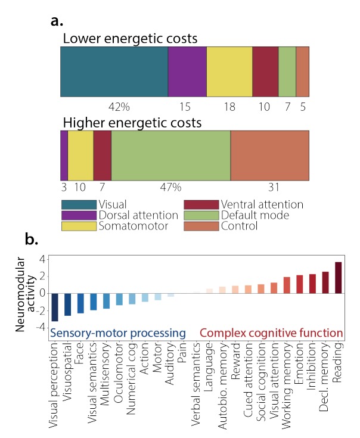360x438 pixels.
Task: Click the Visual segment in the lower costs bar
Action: click(114, 71)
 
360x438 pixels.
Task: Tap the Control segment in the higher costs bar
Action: click(269, 156)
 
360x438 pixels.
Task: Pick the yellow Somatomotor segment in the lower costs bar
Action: click(229, 71)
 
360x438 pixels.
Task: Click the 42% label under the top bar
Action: click(119, 106)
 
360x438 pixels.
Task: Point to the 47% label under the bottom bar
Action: click(170, 188)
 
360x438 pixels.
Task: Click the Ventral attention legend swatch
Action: click(202, 204)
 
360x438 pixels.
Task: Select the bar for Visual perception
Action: click(55, 307)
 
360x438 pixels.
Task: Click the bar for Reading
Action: click(339, 278)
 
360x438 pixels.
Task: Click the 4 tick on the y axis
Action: click(42, 259)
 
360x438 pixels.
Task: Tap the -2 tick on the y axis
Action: click(40, 310)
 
